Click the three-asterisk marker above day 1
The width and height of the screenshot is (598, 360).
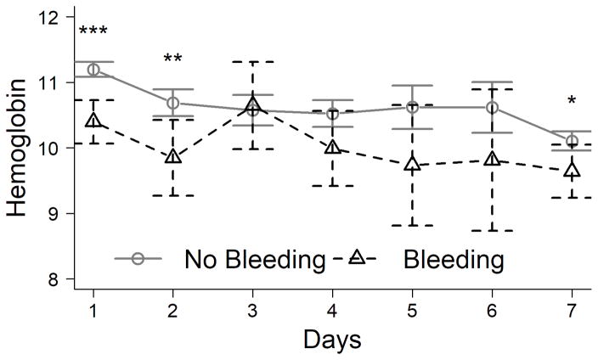(93, 33)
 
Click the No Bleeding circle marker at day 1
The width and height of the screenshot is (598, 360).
(93, 70)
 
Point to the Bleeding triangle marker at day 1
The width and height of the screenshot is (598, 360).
(93, 121)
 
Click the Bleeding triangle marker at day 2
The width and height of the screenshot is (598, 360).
(173, 156)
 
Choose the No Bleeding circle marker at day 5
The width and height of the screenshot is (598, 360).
(413, 107)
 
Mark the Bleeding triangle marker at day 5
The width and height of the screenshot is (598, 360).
(413, 165)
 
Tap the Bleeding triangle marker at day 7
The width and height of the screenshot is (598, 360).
(573, 172)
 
